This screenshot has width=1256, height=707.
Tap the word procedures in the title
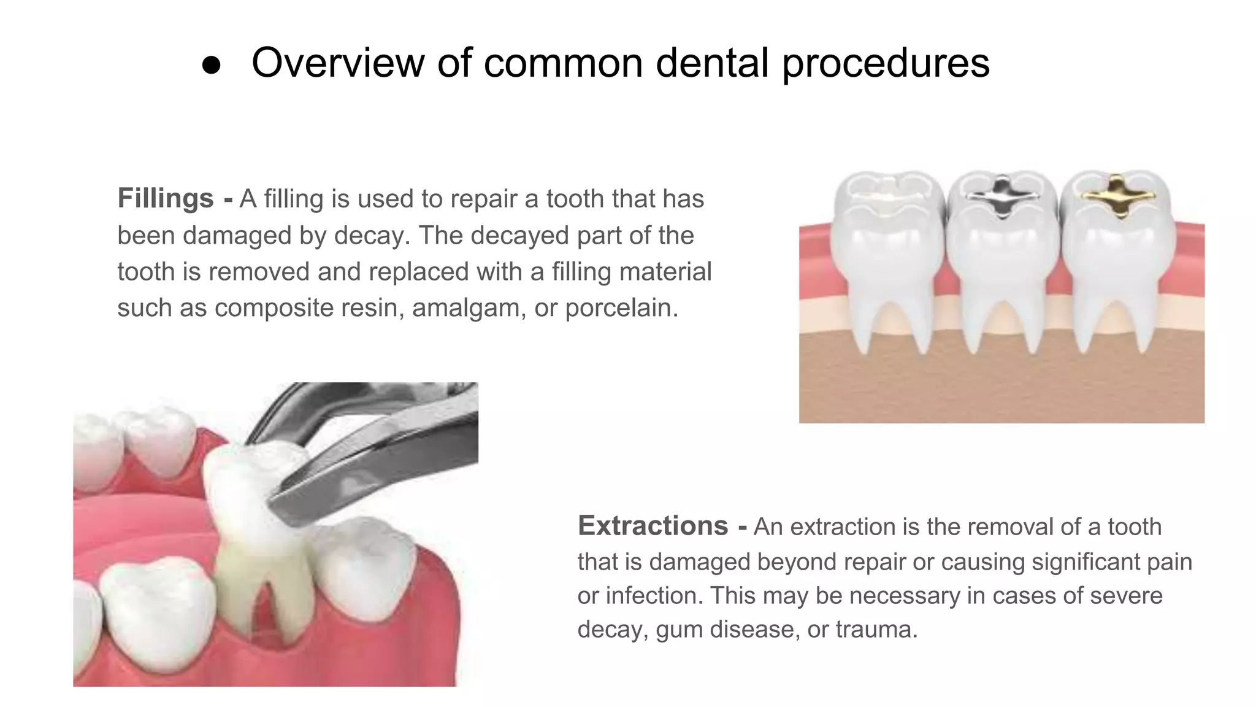(886, 64)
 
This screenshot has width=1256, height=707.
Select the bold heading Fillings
(166, 198)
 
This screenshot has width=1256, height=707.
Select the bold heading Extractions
(653, 526)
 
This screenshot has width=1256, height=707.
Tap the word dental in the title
(712, 63)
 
